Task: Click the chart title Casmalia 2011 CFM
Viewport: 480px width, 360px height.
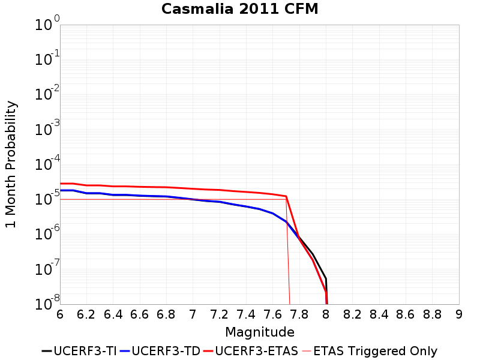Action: tap(240, 9)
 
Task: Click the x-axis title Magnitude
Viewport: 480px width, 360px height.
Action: tap(259, 332)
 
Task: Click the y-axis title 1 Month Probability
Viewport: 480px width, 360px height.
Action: tap(11, 164)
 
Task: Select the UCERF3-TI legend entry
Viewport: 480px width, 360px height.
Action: tap(78, 351)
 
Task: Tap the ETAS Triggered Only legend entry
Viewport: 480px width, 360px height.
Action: tap(369, 351)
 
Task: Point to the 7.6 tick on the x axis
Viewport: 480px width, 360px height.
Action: tap(273, 314)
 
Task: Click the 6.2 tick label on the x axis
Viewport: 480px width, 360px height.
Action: tap(86, 314)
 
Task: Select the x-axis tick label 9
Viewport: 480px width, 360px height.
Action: tap(459, 314)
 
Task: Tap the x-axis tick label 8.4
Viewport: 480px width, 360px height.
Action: tap(379, 314)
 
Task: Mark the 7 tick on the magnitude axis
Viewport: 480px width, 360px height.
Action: tap(193, 314)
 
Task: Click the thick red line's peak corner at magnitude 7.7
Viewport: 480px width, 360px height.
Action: tap(286, 196)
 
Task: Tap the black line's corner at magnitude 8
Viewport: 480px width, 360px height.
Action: tap(326, 278)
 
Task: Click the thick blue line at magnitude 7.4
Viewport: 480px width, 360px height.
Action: tap(247, 206)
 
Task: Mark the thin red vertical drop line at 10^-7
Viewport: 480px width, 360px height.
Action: tap(289, 269)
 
